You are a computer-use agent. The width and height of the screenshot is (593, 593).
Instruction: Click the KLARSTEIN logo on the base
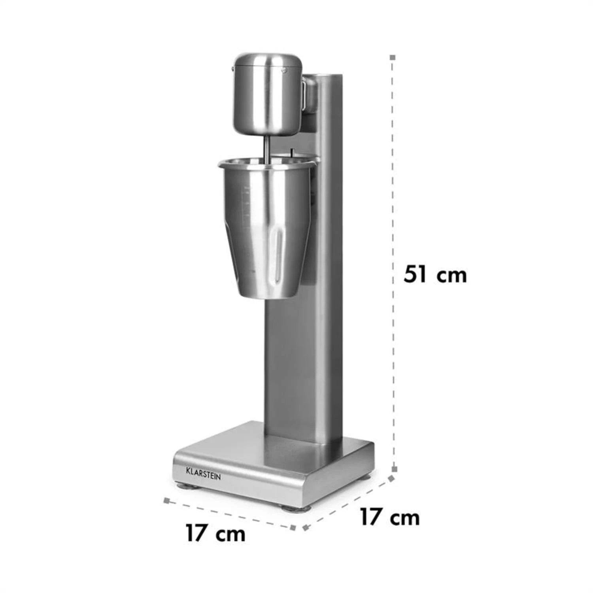(x=203, y=473)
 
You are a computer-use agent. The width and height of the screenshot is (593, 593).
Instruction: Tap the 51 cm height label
(x=435, y=274)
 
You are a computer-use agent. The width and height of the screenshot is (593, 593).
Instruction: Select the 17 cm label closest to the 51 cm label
(x=389, y=517)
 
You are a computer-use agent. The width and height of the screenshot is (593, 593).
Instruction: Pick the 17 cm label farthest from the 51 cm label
(x=215, y=533)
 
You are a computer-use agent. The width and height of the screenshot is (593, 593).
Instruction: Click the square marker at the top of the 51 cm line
(x=393, y=58)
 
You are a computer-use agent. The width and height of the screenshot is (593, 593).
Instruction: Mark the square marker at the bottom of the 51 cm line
(x=394, y=469)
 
